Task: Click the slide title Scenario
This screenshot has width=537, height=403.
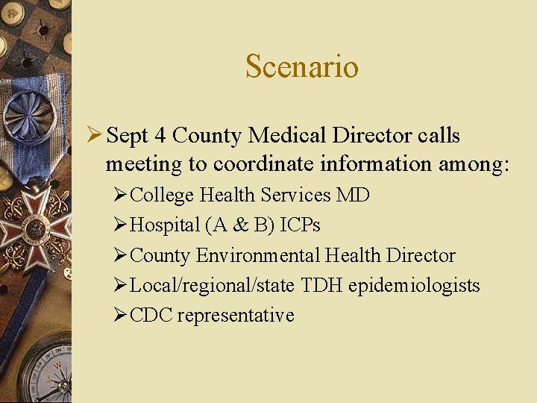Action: click(302, 66)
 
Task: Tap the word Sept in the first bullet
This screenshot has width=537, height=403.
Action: click(127, 137)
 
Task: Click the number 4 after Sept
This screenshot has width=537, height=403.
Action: click(160, 137)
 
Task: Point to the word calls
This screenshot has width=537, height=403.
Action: click(439, 137)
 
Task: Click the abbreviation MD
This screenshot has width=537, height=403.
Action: click(353, 196)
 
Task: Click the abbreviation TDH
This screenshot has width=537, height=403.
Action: click(321, 285)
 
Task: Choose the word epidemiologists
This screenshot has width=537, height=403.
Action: click(414, 285)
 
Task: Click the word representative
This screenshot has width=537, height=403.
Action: click(236, 315)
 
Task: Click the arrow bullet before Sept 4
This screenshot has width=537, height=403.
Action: click(95, 136)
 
